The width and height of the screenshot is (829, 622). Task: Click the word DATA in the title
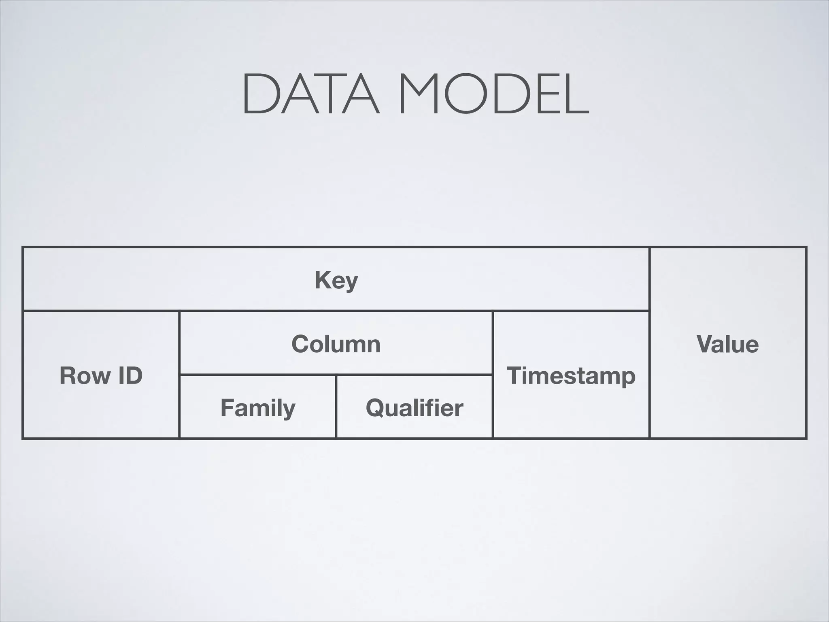[x=310, y=94]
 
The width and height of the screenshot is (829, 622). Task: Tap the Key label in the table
[x=336, y=280]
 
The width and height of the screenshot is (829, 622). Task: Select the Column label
[x=336, y=344]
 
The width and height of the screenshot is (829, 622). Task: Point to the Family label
[x=258, y=408]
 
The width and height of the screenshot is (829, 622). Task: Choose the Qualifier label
[x=414, y=408]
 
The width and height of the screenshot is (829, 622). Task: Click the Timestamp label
[x=571, y=376]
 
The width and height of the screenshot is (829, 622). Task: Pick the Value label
[x=727, y=344]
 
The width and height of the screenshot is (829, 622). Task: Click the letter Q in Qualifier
[x=375, y=408]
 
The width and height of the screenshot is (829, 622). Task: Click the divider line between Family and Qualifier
[x=336, y=407]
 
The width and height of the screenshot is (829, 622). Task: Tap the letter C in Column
[x=300, y=344]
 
